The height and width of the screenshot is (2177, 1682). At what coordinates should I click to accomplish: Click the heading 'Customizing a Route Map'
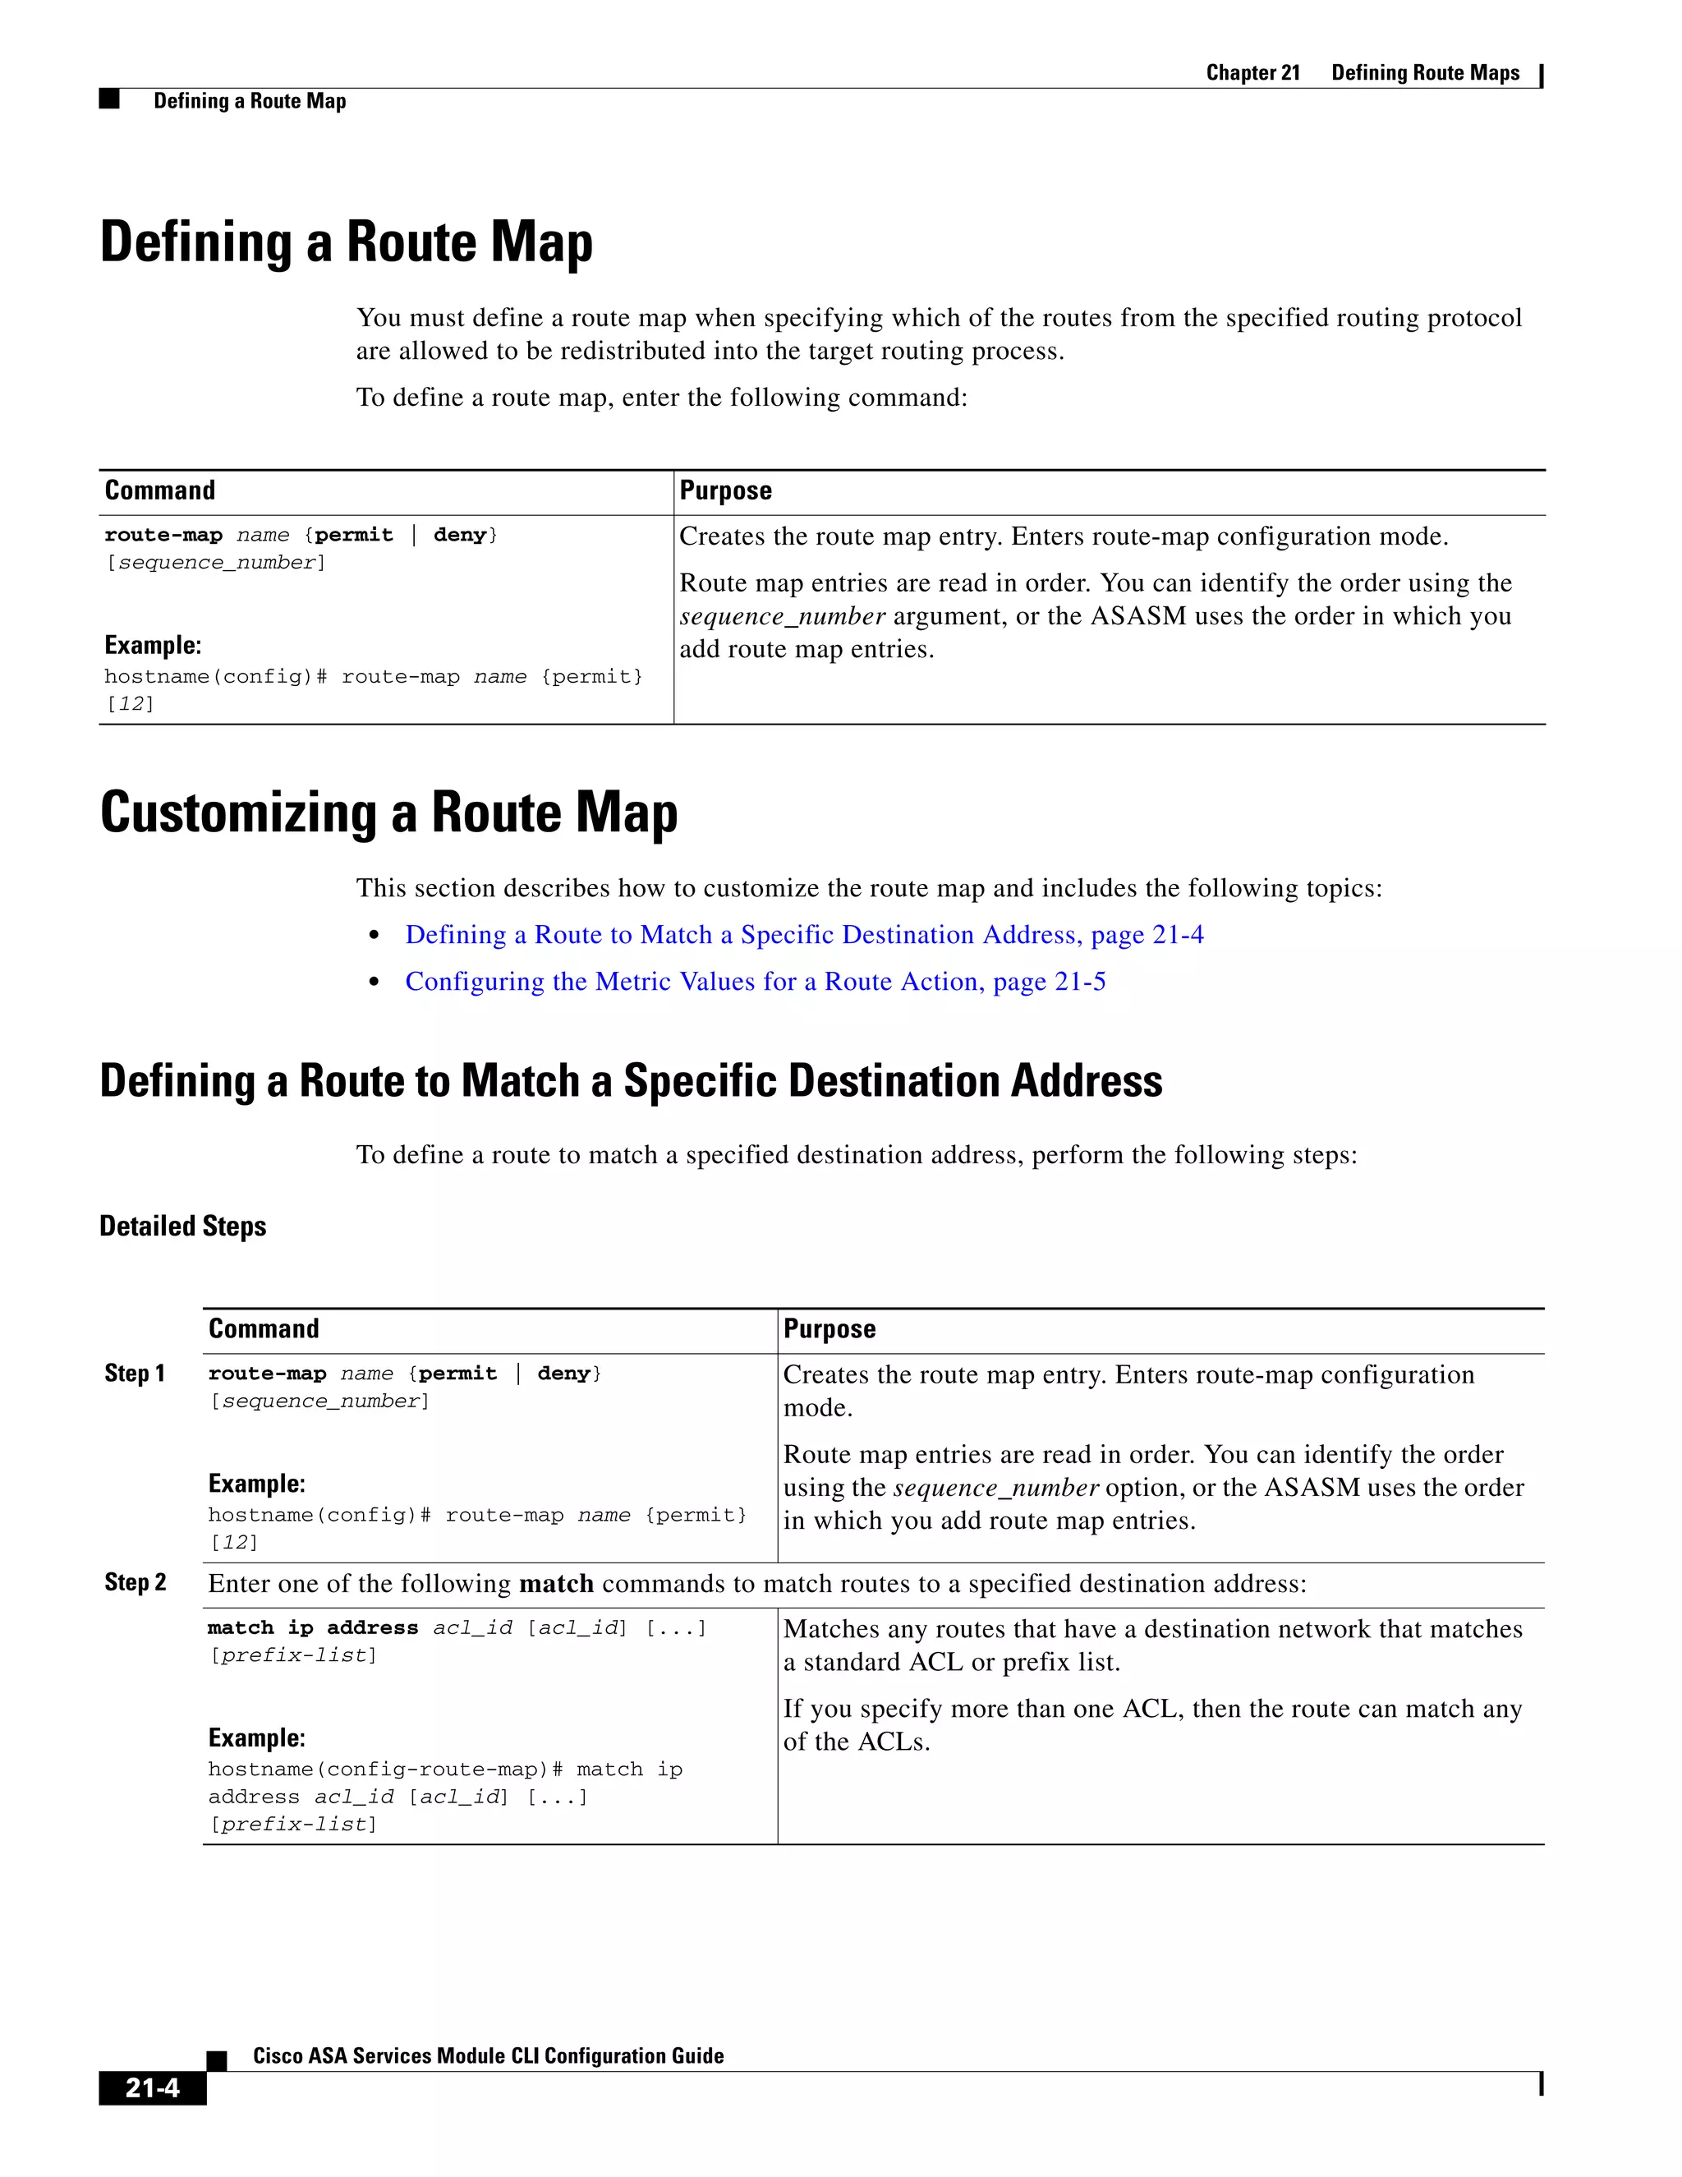[388, 812]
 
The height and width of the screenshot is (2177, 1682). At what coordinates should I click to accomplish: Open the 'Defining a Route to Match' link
[803, 935]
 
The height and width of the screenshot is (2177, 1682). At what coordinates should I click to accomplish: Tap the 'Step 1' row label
[135, 1374]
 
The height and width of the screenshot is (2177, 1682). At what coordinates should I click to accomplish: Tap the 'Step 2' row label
[135, 1583]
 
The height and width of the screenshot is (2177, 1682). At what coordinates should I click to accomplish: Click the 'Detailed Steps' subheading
[182, 1226]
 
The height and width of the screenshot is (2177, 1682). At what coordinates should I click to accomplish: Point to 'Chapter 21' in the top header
[1252, 73]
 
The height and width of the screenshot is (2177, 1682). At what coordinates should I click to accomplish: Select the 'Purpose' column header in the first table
[725, 490]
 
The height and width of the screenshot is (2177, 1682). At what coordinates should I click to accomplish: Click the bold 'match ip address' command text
[312, 1627]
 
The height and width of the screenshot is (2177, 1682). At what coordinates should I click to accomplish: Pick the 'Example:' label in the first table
[153, 646]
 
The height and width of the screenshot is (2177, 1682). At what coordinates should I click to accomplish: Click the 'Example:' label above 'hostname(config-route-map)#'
[256, 1738]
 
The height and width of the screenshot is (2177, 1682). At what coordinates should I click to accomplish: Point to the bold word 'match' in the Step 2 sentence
[556, 1584]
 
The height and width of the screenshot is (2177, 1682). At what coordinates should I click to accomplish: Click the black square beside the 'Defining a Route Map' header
[109, 99]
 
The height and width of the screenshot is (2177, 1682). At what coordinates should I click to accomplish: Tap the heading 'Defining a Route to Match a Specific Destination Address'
[630, 1082]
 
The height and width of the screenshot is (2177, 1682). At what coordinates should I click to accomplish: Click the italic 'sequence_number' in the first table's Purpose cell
[782, 617]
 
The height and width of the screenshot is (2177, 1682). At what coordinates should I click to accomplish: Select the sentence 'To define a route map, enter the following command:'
[662, 398]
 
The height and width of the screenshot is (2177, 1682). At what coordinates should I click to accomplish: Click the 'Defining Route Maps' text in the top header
[1425, 73]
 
